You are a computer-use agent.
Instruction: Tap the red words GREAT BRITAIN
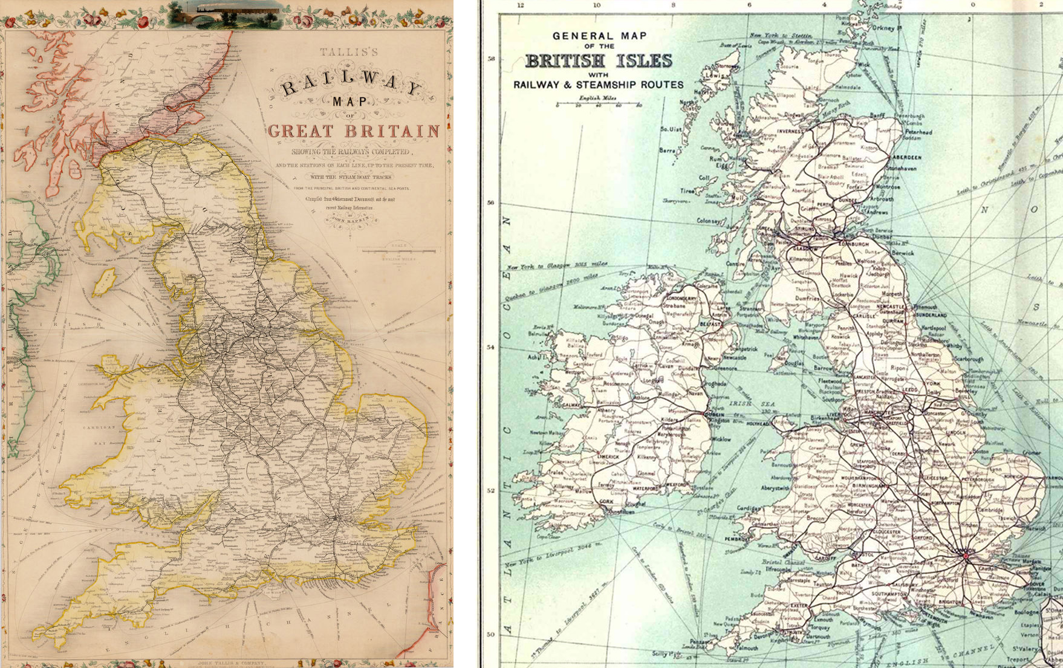353,131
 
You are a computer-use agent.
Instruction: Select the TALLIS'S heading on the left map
351,53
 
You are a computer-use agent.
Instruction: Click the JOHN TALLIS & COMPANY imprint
232,663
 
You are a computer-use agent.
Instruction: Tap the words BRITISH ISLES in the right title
598,61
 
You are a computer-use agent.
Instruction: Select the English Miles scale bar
598,105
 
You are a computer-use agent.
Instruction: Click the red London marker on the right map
966,555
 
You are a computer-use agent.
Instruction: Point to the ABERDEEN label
906,157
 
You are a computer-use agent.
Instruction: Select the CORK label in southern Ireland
606,502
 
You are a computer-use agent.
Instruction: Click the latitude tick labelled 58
491,59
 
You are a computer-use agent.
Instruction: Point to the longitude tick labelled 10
597,5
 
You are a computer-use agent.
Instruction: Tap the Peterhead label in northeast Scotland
918,132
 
